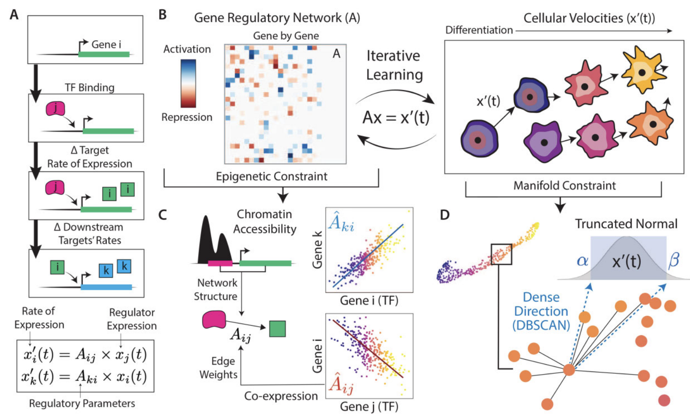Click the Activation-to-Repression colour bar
(188, 83)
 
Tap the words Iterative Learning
(394, 65)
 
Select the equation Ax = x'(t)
(396, 118)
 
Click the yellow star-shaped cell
(642, 70)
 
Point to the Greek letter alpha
(582, 261)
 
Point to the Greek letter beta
(674, 261)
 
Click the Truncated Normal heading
(626, 224)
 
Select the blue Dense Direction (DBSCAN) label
(541, 311)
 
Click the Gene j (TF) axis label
(369, 406)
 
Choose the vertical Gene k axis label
(317, 250)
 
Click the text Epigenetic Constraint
(271, 176)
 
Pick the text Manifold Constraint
(564, 185)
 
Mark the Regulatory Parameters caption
(82, 403)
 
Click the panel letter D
(445, 214)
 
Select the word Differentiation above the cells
(479, 30)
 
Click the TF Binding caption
(90, 87)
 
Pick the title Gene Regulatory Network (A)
(277, 18)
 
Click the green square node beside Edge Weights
(277, 329)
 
